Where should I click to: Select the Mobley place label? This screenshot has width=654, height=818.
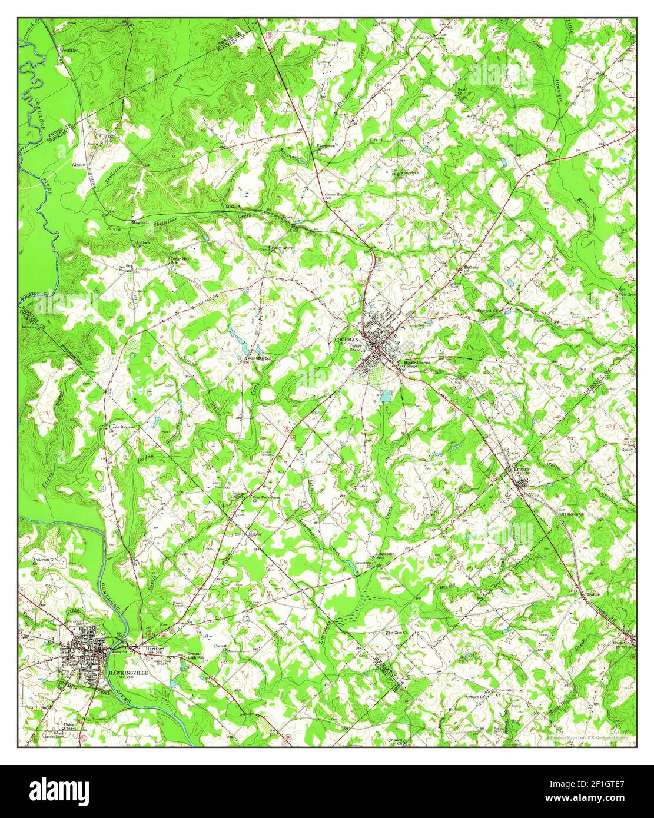(254, 534)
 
